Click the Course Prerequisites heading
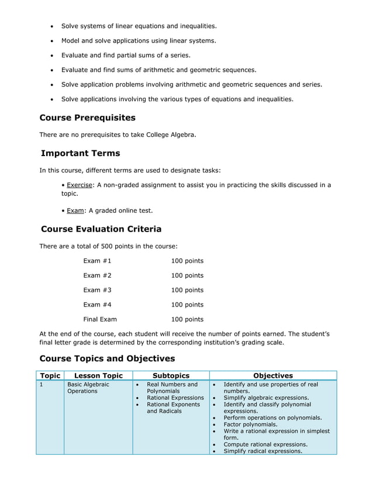click(x=87, y=118)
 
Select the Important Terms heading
click(x=80, y=153)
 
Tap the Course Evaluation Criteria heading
click(x=101, y=229)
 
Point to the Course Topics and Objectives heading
click(x=107, y=358)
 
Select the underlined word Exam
click(x=75, y=211)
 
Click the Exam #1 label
click(x=97, y=261)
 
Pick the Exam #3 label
click(x=97, y=290)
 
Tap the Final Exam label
click(x=100, y=319)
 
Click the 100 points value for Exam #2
click(x=187, y=275)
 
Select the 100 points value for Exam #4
click(x=187, y=305)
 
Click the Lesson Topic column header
click(x=98, y=375)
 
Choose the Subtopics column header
click(x=171, y=375)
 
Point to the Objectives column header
click(x=273, y=375)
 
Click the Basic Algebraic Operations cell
click(x=88, y=388)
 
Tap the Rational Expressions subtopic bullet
click(x=175, y=398)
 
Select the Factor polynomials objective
click(x=250, y=425)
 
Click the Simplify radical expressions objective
click(x=263, y=451)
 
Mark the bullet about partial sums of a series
click(x=126, y=56)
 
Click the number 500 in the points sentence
click(x=101, y=246)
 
